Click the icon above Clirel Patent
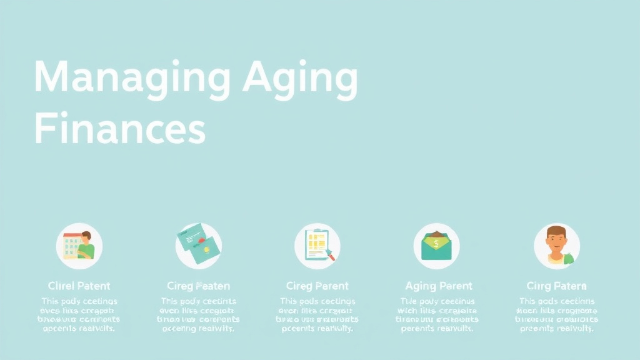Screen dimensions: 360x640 point(79,246)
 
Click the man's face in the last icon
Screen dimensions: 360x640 point(556,238)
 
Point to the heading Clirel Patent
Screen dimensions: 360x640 point(79,286)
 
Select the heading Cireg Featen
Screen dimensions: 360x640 point(198,286)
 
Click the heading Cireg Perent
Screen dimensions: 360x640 point(317,286)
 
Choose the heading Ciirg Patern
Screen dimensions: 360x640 point(556,286)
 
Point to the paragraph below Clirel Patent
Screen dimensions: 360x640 point(79,314)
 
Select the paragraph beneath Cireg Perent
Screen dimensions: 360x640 point(317,314)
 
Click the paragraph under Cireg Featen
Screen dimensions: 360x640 point(198,314)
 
